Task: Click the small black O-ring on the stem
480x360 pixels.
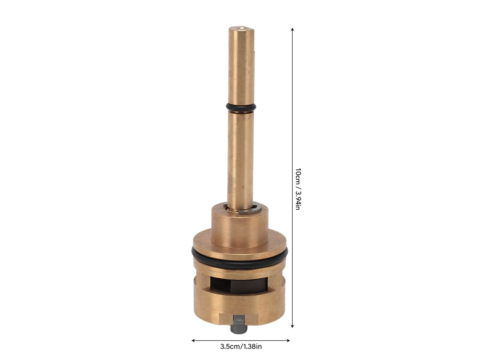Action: tap(241, 107)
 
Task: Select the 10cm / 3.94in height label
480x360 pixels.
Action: tap(298, 189)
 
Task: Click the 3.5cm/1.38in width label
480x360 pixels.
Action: tap(241, 347)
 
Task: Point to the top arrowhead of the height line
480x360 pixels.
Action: tap(293, 30)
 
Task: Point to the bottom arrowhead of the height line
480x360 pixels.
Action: tap(293, 326)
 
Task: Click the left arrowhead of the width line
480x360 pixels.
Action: tap(193, 340)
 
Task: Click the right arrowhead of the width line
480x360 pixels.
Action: tap(288, 340)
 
